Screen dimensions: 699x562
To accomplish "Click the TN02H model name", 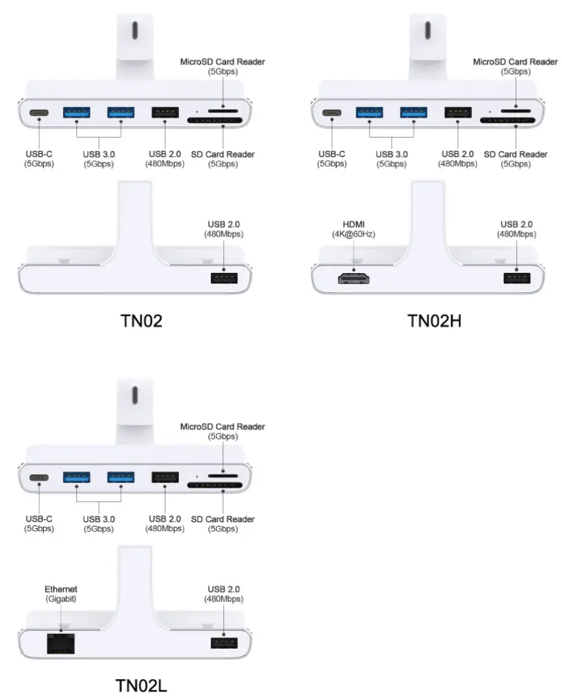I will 434,320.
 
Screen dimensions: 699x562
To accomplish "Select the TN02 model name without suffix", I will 141,320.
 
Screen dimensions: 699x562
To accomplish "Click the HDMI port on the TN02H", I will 354,278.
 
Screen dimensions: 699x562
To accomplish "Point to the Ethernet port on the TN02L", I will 58,643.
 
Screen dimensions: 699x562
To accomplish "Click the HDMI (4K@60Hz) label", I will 354,229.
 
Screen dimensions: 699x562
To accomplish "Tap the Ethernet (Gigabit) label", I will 58,593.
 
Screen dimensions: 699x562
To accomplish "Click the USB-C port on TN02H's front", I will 331,114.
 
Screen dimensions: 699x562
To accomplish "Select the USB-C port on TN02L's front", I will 39,479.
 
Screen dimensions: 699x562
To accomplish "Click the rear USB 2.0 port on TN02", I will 223,278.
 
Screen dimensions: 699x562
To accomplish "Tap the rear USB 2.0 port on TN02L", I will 223,643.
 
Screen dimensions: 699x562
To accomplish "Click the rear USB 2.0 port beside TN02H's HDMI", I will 516,278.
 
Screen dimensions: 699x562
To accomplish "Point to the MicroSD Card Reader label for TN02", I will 223,66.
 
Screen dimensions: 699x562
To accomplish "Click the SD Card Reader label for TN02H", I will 515,159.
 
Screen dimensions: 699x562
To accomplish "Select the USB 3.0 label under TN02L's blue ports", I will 98,524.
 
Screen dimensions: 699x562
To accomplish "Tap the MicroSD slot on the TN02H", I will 515,111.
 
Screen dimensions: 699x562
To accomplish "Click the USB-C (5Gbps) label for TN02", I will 38,159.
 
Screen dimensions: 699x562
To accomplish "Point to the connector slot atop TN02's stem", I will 134,31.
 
